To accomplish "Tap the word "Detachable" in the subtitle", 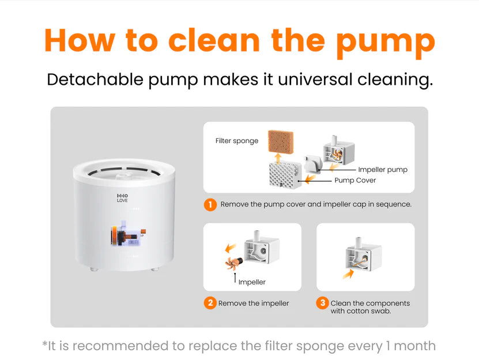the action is pos(95,79).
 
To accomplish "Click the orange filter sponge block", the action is pos(281,141).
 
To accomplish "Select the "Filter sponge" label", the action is pos(237,141).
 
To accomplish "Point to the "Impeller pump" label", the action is pos(383,170).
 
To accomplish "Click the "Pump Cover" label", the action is pos(355,180).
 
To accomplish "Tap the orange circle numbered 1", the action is pos(210,205).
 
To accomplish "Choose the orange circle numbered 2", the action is pos(210,303).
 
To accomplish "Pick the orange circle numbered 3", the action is pos(323,303).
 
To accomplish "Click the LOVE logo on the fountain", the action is pos(122,198).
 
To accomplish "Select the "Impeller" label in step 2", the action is pos(252,282).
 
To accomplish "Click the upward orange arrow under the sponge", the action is pos(278,159).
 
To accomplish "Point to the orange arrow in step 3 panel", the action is pos(348,273).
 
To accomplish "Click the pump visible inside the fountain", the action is pos(128,234).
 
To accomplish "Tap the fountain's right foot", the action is pos(156,269).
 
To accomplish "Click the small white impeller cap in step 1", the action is pos(313,164).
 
